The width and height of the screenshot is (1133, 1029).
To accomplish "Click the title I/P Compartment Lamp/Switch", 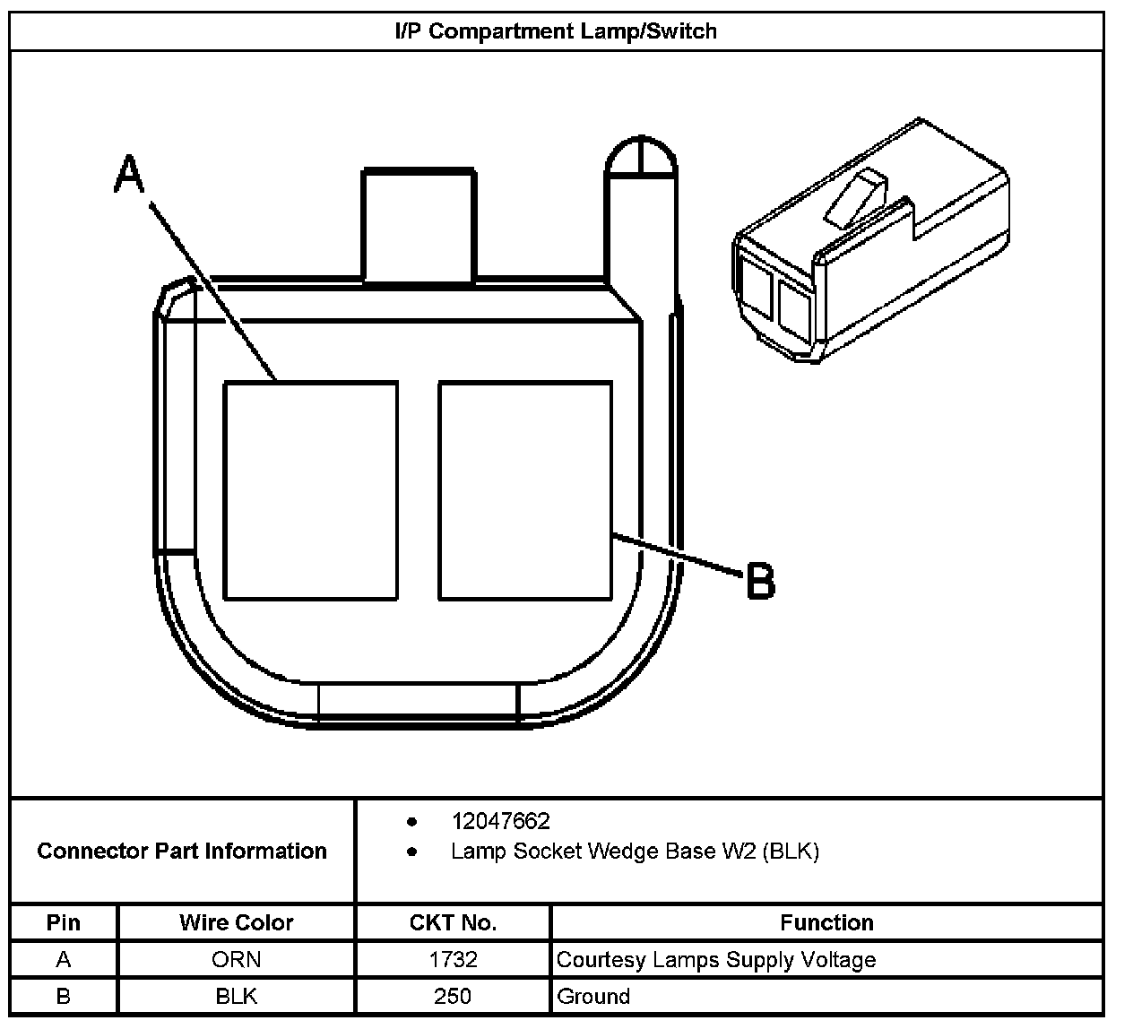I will point(556,31).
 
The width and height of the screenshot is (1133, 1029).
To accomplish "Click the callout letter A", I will point(129,174).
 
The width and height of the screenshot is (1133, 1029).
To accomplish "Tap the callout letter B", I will point(761,581).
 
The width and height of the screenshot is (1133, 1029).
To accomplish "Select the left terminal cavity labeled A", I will point(310,490).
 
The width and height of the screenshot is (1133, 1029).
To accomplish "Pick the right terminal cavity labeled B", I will point(525,490).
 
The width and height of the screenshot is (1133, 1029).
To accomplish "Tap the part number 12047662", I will point(500,821).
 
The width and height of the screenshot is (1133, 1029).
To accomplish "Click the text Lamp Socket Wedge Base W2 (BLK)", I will point(635,851).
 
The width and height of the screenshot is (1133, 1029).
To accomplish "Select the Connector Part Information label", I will point(182,851).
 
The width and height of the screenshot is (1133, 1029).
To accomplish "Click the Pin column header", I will point(63,922).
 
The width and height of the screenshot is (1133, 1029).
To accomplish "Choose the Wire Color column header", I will point(237,922).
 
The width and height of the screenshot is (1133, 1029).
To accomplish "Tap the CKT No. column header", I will point(453,922).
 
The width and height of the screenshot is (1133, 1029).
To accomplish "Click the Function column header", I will point(826,922).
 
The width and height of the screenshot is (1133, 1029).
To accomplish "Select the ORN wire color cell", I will point(237,960).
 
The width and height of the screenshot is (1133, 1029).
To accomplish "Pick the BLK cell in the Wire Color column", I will point(237,996).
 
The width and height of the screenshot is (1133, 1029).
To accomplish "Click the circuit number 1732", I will point(453,960).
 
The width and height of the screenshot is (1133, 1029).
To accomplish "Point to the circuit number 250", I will point(453,996).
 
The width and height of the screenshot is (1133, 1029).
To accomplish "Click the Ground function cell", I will point(593,996).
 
